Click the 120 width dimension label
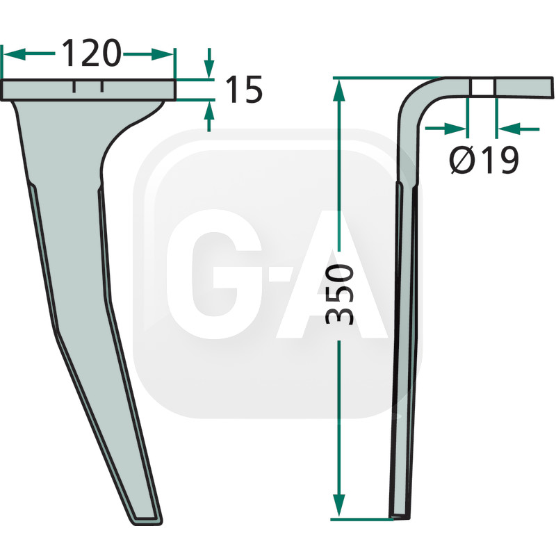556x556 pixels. point(91,54)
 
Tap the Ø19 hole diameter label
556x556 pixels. point(484,161)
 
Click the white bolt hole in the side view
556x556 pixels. point(482,87)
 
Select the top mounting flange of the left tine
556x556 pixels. point(89,90)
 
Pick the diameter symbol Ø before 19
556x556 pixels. point(460,161)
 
